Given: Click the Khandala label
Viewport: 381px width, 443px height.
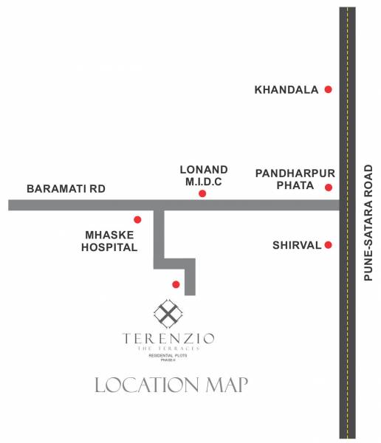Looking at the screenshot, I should tap(286, 90).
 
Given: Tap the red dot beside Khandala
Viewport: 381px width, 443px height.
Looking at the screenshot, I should tap(328, 89).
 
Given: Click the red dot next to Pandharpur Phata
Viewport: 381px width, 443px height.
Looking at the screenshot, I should tap(328, 188).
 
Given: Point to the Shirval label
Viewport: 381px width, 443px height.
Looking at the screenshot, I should tap(295, 245).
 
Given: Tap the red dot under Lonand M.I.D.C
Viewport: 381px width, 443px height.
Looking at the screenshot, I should tap(202, 194).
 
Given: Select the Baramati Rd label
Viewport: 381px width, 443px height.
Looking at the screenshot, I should tap(66, 189).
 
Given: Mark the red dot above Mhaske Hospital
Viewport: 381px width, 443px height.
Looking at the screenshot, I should tap(137, 219).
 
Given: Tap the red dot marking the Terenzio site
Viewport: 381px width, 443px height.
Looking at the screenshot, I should tap(175, 284).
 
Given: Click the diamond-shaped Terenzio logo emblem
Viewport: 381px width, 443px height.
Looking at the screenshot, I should tap(168, 315).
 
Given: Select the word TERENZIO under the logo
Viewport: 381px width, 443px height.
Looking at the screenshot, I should tap(169, 339).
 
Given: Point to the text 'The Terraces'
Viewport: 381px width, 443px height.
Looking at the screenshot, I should tap(169, 348).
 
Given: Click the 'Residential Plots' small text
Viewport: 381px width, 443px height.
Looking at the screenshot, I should tap(169, 355).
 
